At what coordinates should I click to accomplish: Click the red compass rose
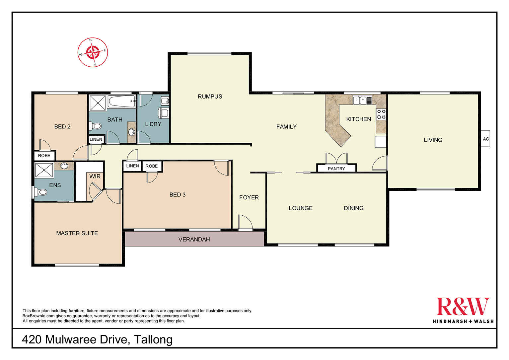93,52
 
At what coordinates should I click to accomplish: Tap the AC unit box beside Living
485,139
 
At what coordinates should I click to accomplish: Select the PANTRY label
336,169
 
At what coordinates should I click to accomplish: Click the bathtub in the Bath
121,101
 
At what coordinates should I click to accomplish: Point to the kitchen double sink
360,100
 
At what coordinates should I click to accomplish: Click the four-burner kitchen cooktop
381,114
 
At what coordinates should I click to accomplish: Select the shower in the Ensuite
44,170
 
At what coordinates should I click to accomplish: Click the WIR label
95,177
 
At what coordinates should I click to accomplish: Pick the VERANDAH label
194,239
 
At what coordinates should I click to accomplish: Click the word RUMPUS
210,96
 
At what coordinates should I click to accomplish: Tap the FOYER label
249,197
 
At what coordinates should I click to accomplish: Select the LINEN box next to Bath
96,139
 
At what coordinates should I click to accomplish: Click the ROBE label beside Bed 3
152,166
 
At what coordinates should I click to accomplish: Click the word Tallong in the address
153,340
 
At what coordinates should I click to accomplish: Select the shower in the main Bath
98,103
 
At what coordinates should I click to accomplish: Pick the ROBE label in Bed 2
44,156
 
